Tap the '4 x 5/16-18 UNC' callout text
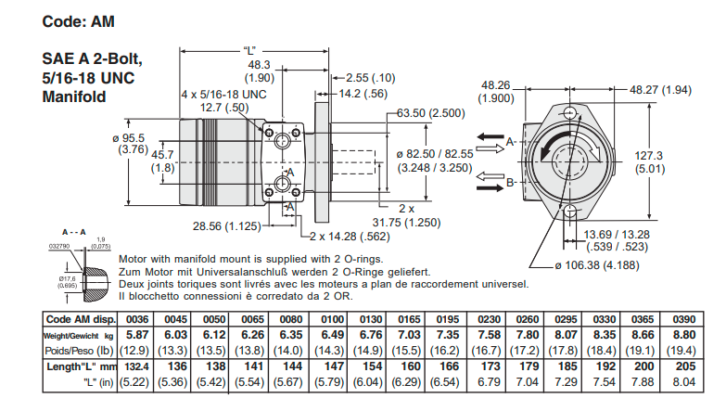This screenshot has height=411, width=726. [x=223, y=95]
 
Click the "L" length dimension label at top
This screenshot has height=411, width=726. [x=248, y=49]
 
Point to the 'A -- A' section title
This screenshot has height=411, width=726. [x=73, y=232]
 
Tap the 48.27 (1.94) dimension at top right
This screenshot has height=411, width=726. [x=660, y=90]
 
